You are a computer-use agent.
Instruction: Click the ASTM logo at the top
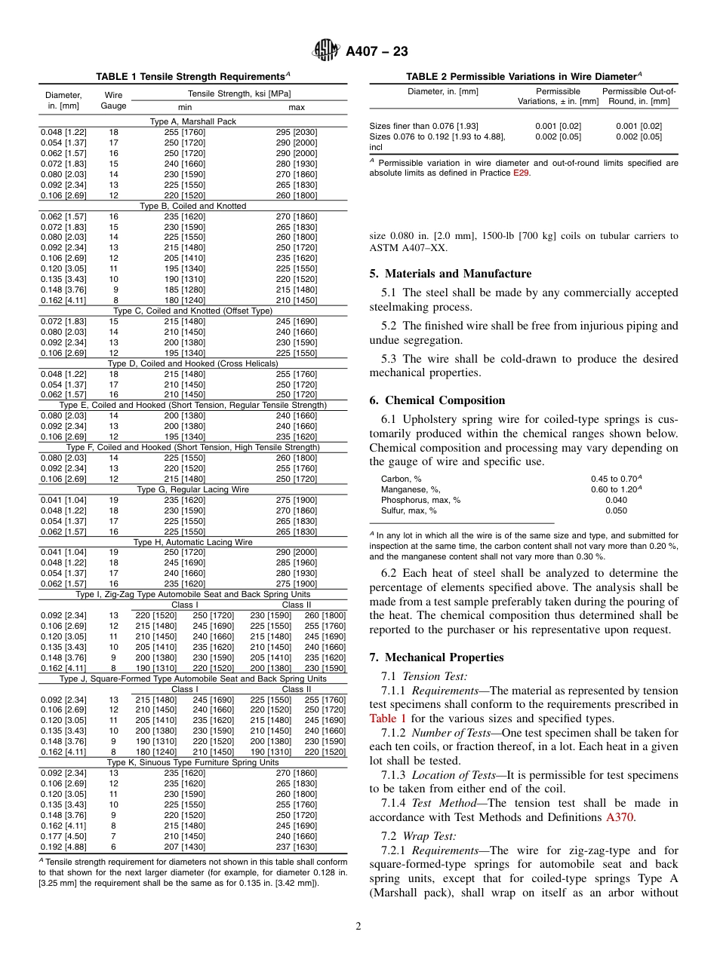326,51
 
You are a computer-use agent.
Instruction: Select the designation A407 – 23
377,51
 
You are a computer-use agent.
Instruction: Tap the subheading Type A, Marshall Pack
193,121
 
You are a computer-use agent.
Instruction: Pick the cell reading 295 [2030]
296,132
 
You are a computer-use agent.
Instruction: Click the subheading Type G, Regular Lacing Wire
193,489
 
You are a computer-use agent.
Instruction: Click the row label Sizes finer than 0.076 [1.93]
423,126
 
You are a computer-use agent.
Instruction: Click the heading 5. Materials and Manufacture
450,274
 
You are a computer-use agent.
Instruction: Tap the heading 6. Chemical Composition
437,400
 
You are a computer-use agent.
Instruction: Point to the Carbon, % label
402,479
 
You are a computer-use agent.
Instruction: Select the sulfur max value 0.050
616,510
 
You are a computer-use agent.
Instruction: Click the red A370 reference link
620,817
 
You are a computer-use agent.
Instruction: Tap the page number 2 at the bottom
358,927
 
